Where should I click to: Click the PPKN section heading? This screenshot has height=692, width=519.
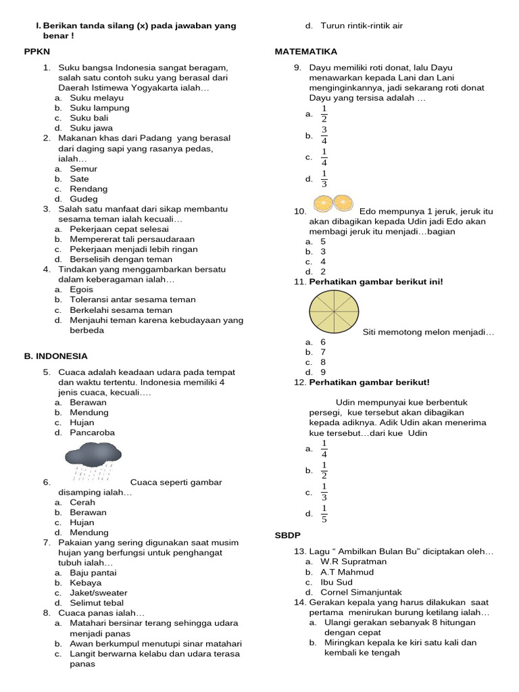[36, 51]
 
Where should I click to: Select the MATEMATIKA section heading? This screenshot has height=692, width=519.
[306, 51]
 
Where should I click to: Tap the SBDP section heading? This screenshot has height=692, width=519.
[287, 535]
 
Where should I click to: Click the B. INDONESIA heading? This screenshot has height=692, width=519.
[55, 355]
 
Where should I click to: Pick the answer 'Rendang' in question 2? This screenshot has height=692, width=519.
[89, 189]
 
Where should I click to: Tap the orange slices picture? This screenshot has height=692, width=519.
[333, 203]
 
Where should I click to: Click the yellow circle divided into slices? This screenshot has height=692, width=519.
[333, 312]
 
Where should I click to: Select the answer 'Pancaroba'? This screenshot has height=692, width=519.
[92, 432]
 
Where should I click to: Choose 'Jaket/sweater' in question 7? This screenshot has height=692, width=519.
[99, 592]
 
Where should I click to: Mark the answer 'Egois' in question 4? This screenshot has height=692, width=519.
[82, 289]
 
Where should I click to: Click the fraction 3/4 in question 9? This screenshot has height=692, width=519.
[324, 135]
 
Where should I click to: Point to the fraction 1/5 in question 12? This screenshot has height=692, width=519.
[324, 514]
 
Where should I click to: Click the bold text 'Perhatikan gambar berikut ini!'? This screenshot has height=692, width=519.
[376, 281]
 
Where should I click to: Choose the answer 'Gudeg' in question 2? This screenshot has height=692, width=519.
[84, 199]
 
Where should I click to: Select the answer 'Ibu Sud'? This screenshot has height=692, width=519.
[336, 582]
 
